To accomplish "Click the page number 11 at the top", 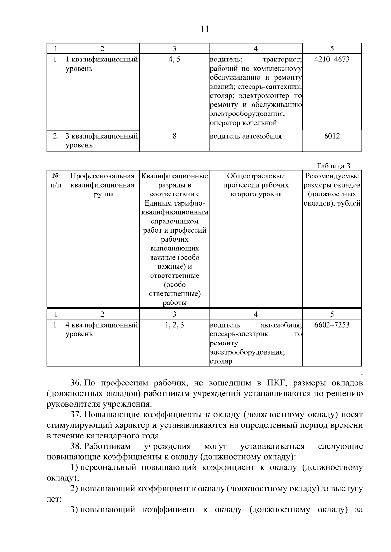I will pos(205,29).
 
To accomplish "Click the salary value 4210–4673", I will pos(332,60).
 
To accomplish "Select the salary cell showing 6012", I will pos(332,136).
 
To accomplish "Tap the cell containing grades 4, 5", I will pos(174,60).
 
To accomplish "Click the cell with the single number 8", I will pos(174,136).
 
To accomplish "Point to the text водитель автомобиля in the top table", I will pos(246,136).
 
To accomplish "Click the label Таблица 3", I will pos(333,166).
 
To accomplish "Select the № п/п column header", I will pos(56,181).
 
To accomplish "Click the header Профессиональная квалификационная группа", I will pos(102,185).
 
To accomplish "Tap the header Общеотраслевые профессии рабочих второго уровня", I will pos(256,185).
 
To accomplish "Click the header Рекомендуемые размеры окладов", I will pos(332,190).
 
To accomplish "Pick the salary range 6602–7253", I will pos(332,325).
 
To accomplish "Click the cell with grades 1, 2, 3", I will pos(174,325).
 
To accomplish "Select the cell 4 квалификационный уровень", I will pos(102,329).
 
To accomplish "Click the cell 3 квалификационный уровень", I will pos(102,141).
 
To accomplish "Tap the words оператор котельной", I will pos(243,123).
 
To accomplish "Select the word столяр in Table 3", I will pos(221,361).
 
